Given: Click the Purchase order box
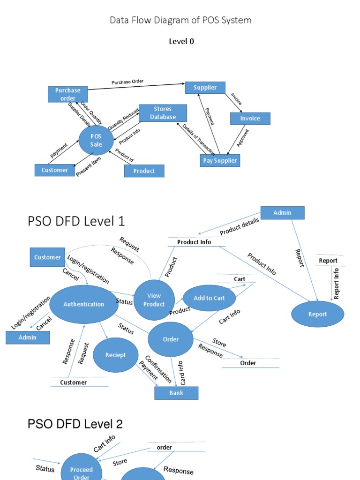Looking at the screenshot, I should (68, 94).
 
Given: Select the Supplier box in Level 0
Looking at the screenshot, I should (205, 88).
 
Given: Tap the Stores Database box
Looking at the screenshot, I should (163, 113).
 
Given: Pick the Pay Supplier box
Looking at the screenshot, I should (220, 160).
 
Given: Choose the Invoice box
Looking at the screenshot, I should (250, 119).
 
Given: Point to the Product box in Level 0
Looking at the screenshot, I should (144, 171).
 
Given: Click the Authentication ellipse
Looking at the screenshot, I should (84, 304).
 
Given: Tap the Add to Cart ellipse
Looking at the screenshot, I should (209, 298).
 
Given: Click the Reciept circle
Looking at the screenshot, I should (116, 355).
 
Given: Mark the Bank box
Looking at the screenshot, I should (176, 393).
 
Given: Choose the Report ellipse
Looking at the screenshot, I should (317, 314).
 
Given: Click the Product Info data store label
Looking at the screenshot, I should (194, 242).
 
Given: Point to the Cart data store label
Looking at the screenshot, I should (240, 279).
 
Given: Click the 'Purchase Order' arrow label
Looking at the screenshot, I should (127, 82).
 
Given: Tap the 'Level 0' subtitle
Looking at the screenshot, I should (181, 41).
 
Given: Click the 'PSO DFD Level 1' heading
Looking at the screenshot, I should (76, 221).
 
